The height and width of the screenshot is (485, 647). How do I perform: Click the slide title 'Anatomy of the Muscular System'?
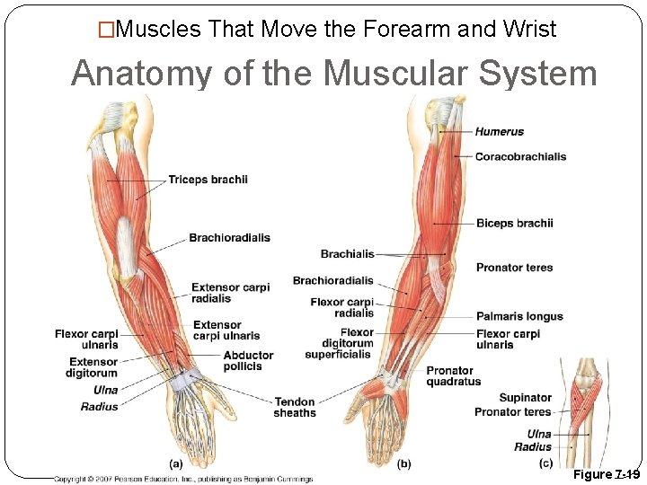coord(333,73)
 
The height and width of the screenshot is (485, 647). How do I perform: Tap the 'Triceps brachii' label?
coord(208,180)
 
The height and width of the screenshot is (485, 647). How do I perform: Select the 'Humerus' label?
coord(499,132)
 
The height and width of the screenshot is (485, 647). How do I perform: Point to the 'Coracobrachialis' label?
coord(520,156)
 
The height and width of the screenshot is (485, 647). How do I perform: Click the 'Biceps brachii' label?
coord(514,223)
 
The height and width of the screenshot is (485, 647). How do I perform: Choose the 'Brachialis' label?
coord(347,254)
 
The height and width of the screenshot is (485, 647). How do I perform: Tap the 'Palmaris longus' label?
coord(519,316)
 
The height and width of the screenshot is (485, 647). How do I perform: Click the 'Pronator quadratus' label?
coord(453,376)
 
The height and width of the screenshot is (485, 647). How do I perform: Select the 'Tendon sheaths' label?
coord(295,408)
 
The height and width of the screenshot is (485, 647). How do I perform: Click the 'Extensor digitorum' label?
coord(93,367)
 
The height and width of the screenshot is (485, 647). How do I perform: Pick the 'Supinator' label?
coord(525,398)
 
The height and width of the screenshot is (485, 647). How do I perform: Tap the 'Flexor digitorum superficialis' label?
coord(338,344)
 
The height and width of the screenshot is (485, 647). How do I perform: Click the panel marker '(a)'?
coord(176,463)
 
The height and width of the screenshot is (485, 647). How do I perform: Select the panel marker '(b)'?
coord(403,463)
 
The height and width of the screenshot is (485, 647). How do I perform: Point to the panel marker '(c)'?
coord(545,463)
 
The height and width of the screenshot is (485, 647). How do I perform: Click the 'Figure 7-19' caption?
coord(606,474)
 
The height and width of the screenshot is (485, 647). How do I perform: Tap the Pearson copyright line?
coord(182,480)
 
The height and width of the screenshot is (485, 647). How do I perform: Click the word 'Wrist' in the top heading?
coord(530,30)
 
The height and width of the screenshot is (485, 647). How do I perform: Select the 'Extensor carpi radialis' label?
coord(230,293)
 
